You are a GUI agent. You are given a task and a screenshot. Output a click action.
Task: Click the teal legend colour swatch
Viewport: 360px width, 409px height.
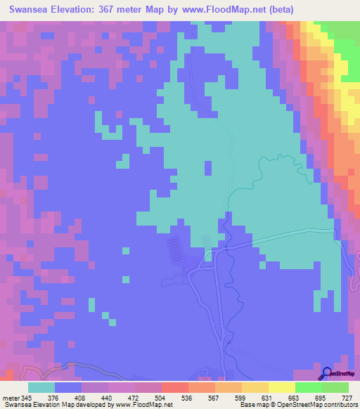point(41,387)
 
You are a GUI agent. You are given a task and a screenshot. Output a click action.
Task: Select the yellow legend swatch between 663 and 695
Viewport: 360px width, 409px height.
point(282,387)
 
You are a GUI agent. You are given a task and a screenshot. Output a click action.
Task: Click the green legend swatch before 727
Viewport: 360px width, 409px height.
point(335,387)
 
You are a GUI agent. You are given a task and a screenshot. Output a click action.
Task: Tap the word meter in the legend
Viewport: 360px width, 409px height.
point(11,398)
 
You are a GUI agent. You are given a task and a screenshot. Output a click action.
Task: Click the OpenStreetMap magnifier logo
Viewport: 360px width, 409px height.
point(326,374)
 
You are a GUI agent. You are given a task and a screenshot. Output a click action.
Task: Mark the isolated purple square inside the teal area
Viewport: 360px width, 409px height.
point(208,168)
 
